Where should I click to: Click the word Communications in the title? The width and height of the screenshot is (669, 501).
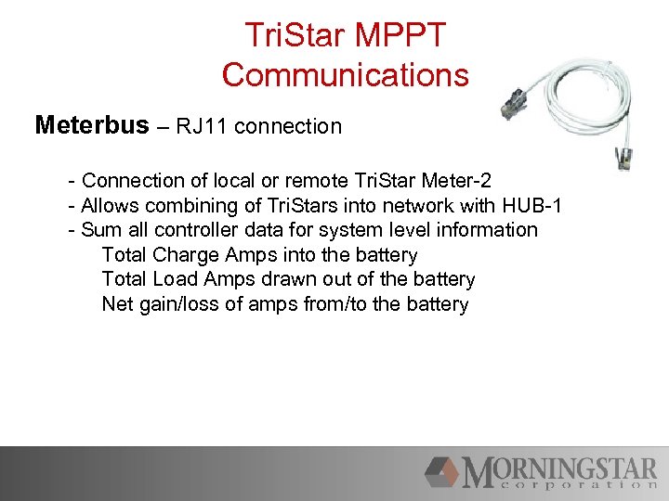pyautogui.click(x=346, y=74)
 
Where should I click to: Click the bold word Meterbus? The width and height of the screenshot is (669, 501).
pyautogui.click(x=91, y=125)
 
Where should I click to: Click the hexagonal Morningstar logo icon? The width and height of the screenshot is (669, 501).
pyautogui.click(x=442, y=471)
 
